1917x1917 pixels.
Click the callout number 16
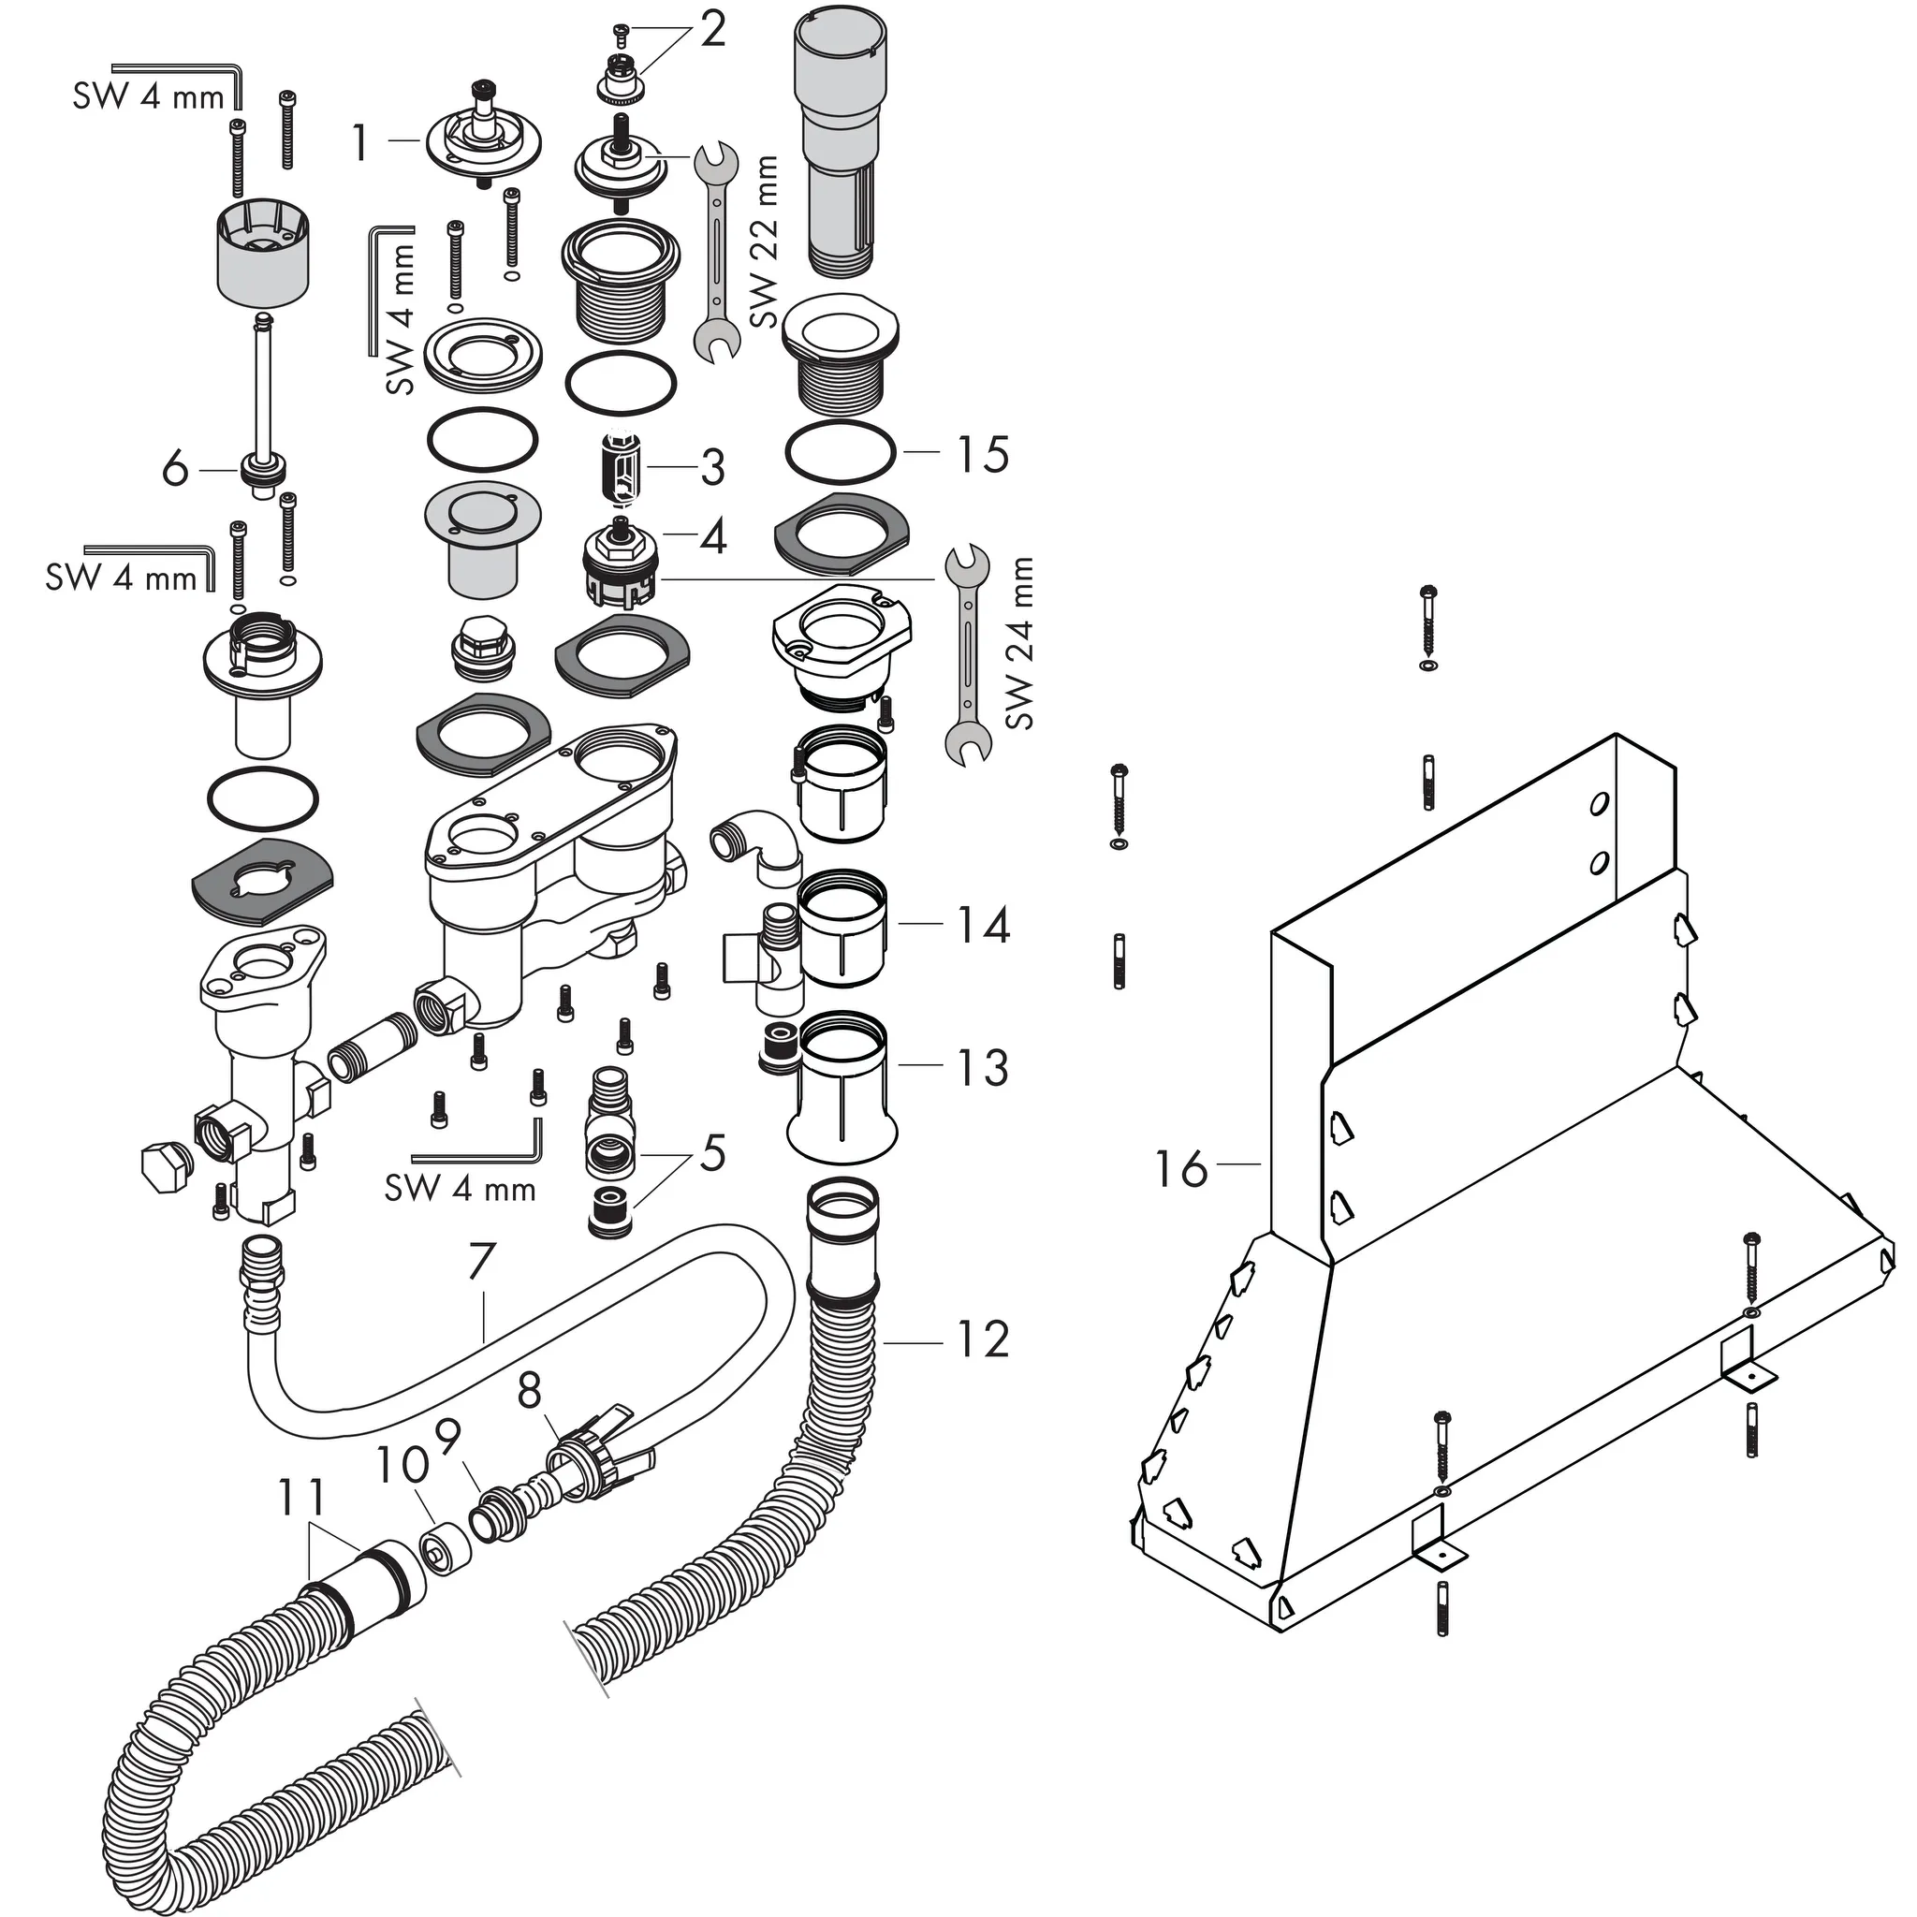[x=1180, y=1169]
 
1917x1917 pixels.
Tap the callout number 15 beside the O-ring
[x=982, y=454]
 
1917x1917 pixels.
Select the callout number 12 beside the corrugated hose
[x=982, y=1339]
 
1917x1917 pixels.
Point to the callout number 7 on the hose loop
[x=481, y=1262]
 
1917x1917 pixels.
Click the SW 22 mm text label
[x=764, y=242]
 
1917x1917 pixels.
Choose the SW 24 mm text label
[x=1019, y=644]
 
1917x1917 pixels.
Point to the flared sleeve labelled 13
[x=842, y=1089]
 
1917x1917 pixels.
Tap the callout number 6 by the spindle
[x=175, y=468]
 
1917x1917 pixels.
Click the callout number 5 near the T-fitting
[x=712, y=1153]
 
